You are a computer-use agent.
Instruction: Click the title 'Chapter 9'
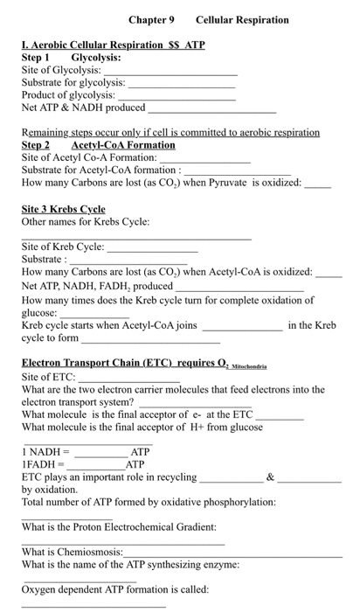click(x=151, y=19)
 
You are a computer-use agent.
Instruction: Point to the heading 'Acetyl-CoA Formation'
click(x=123, y=144)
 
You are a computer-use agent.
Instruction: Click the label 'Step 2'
click(x=36, y=144)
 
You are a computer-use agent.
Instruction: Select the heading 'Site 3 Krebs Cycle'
click(x=63, y=209)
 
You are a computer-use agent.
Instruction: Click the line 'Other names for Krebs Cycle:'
click(x=86, y=221)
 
